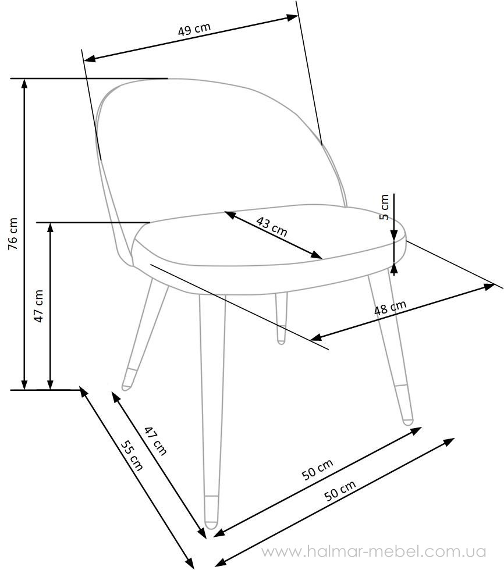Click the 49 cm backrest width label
[194, 29]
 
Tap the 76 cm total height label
[13, 233]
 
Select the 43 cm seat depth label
[272, 226]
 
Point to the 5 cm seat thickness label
[384, 207]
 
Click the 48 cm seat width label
[390, 308]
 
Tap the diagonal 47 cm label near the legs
[155, 441]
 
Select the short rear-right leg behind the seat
[281, 318]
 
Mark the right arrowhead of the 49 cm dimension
[293, 17]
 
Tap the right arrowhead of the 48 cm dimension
[489, 287]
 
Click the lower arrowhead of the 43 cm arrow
[317, 255]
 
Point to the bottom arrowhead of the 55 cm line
[189, 564]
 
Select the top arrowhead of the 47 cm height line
[51, 227]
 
